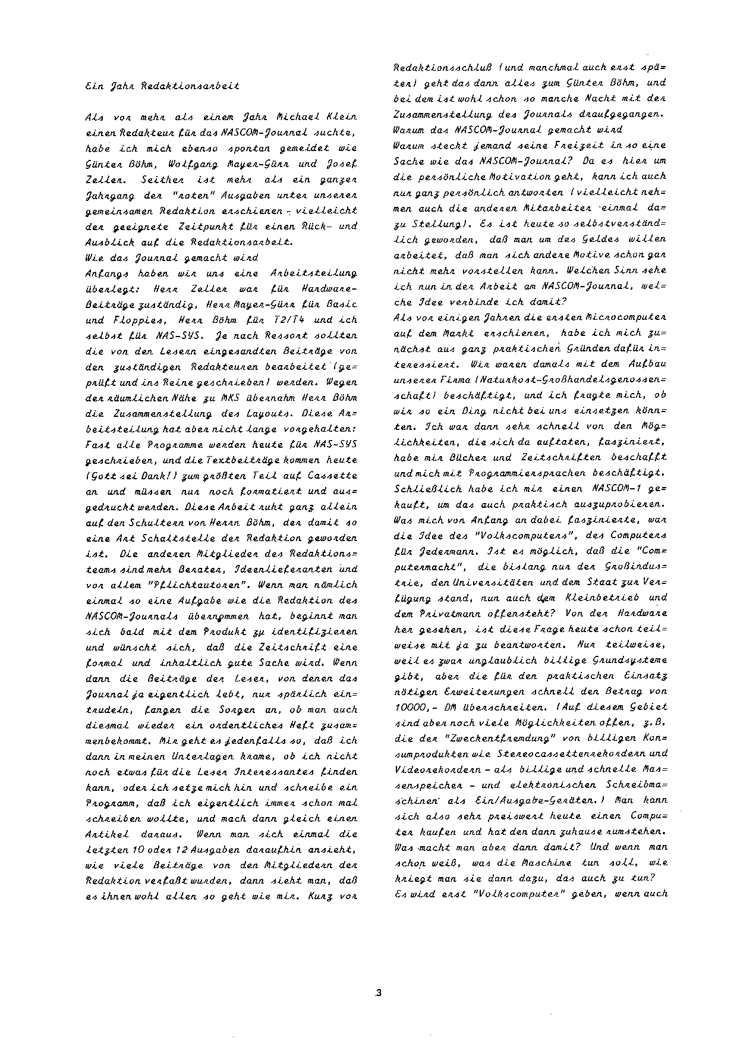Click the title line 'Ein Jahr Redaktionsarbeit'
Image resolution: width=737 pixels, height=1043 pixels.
(x=162, y=86)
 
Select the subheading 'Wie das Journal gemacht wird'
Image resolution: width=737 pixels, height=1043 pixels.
(x=172, y=257)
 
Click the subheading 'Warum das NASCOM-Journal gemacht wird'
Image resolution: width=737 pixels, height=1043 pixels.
(x=508, y=129)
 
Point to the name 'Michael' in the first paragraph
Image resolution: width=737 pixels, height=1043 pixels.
(x=270, y=117)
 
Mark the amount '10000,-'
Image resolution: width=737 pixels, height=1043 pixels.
(x=414, y=707)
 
